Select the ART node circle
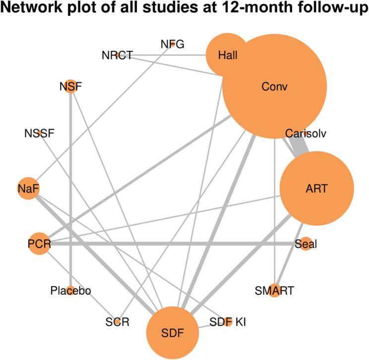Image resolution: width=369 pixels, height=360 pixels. point(317,189)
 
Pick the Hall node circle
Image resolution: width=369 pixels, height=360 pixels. point(228,55)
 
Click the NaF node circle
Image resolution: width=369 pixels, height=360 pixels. point(28,189)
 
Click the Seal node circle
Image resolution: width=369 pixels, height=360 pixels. point(306,244)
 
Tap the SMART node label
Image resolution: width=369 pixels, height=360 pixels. point(274,290)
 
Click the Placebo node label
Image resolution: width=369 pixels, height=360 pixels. point(70,290)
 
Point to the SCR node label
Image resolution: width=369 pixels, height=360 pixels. point(118,322)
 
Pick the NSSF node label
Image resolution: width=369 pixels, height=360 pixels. point(39,133)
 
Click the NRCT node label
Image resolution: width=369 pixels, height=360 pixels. point(117,55)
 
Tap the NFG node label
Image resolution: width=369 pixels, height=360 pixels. point(173,44)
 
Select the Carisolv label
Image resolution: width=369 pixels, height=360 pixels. point(305,133)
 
